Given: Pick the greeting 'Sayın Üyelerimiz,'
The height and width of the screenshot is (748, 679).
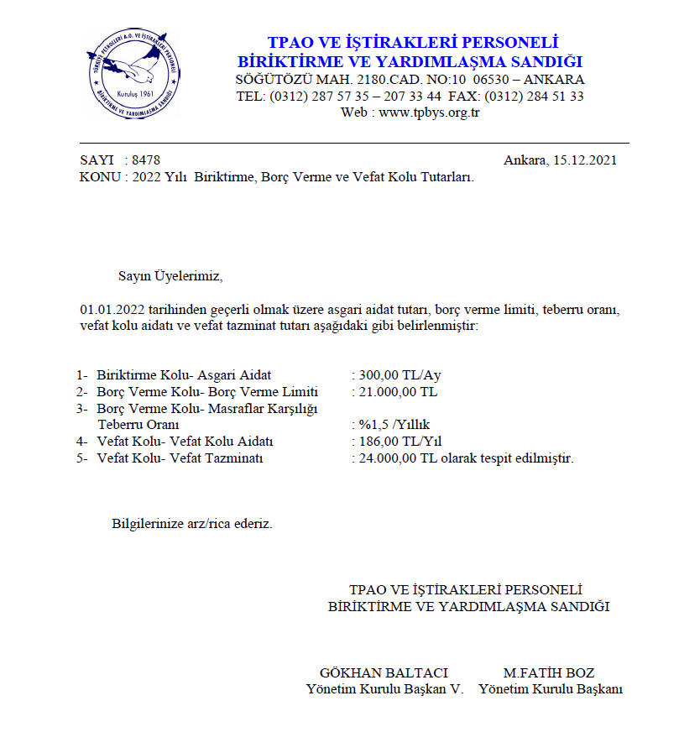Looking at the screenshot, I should pos(171,275).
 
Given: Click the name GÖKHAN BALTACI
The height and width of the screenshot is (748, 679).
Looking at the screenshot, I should pos(384,672).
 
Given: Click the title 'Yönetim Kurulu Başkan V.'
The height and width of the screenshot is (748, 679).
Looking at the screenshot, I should pos(384,689).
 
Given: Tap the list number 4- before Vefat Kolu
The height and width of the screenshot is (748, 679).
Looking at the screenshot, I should pos(82,442).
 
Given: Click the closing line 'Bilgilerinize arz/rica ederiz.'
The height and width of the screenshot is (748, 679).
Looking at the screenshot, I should pos(192,524).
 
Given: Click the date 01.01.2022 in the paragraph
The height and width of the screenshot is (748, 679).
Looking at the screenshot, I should pos(112,309).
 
